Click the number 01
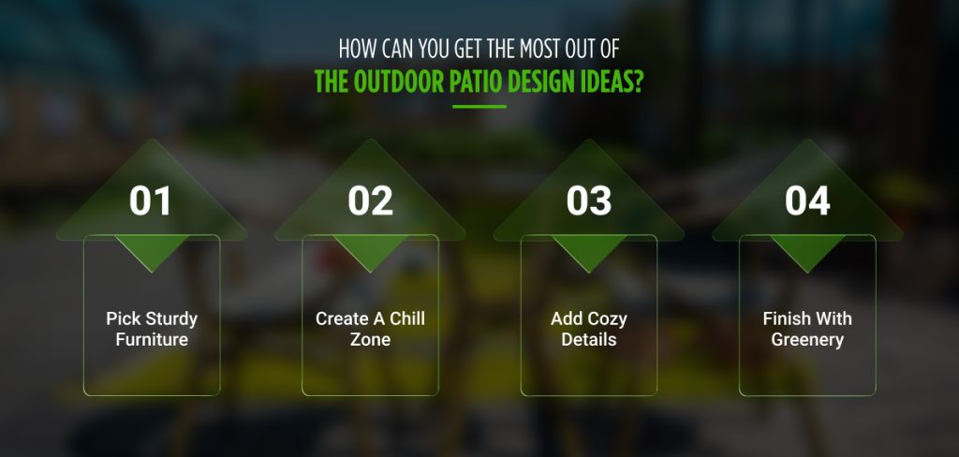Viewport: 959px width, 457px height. [152, 200]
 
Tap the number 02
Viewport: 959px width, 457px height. [370, 200]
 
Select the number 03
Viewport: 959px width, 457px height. [589, 200]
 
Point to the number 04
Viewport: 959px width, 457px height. [807, 200]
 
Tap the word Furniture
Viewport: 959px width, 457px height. [152, 340]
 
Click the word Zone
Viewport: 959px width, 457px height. [371, 340]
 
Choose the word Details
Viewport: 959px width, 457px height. [589, 340]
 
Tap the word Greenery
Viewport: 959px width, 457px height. [807, 340]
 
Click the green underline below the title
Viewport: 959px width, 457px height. [479, 107]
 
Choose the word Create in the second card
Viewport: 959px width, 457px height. [343, 319]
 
